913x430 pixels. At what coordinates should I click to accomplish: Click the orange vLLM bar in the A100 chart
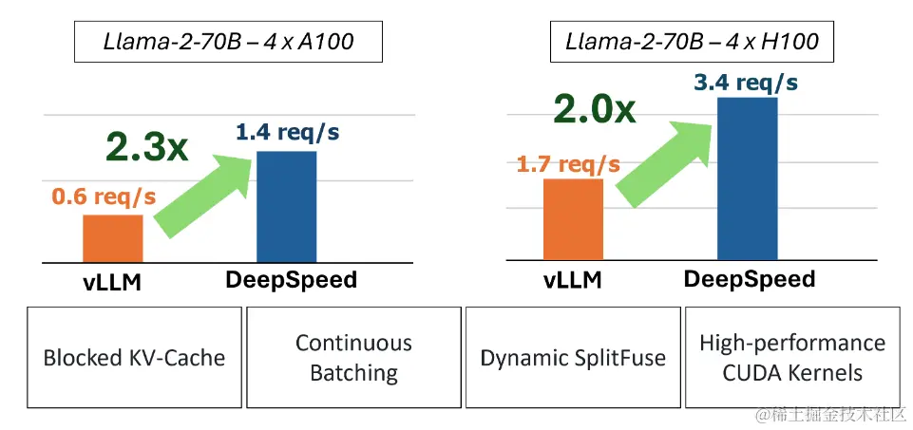[x=113, y=237]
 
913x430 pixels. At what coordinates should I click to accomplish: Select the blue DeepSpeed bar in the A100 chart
[x=286, y=206]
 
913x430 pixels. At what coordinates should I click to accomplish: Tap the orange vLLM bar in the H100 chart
[x=573, y=219]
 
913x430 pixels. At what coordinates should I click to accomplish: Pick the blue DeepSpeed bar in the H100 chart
[x=747, y=178]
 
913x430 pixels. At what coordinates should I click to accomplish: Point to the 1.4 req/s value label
[x=287, y=133]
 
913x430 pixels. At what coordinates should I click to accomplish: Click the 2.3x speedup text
[x=147, y=146]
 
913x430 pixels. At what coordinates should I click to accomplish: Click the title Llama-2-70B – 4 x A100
[x=227, y=42]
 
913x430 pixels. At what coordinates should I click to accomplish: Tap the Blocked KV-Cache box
[x=134, y=358]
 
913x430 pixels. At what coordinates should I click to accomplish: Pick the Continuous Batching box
[x=353, y=358]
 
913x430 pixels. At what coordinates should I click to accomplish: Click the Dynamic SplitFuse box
[x=573, y=358]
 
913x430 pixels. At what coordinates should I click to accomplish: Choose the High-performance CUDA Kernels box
[x=791, y=358]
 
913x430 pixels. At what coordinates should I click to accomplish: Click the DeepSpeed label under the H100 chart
[x=749, y=279]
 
